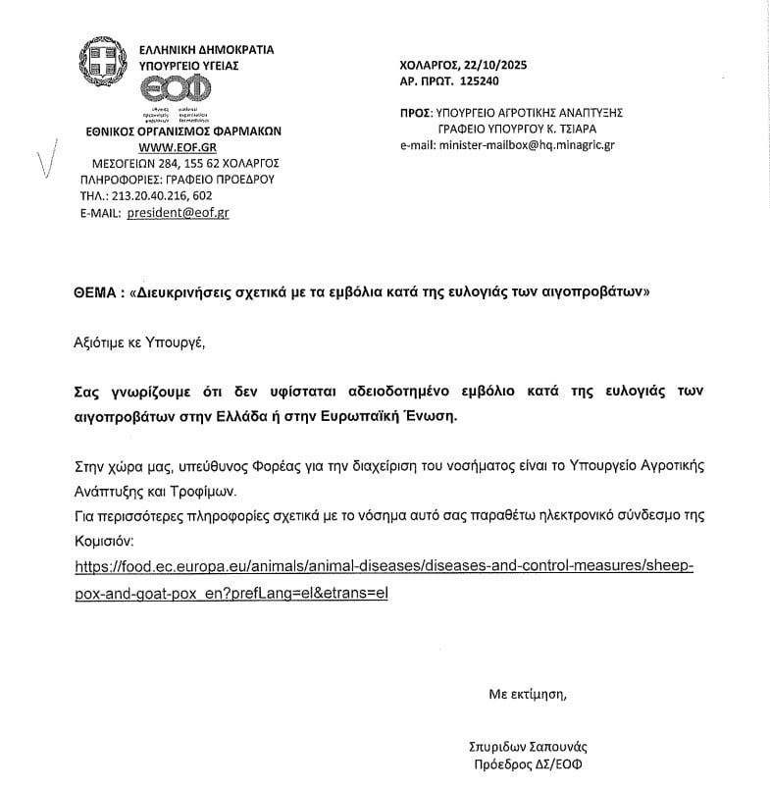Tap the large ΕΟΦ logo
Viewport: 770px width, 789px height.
click(x=176, y=89)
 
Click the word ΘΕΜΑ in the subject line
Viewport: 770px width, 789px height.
click(x=96, y=292)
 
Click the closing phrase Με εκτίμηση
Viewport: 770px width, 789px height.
click(x=528, y=694)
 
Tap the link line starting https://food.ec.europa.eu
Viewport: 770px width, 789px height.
click(x=384, y=567)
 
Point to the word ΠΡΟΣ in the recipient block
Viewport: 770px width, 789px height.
click(x=416, y=113)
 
